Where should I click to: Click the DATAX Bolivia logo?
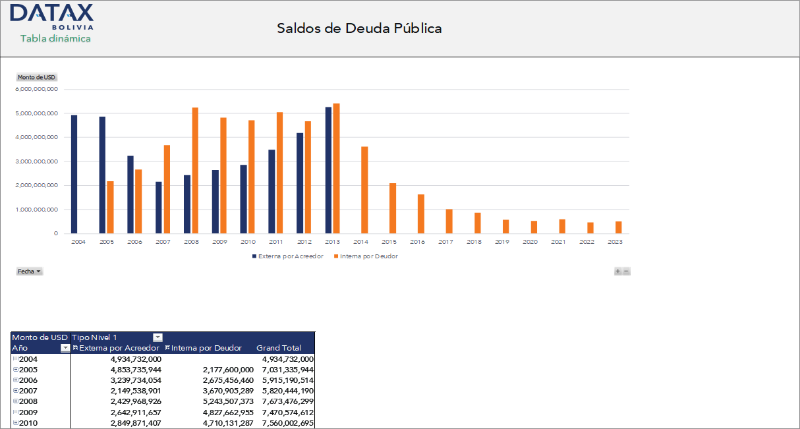tap(52, 16)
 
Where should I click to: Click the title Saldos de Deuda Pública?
tap(359, 28)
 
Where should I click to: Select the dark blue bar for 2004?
tap(74, 174)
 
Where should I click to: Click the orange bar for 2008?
tap(195, 170)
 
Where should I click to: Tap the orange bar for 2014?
tap(364, 190)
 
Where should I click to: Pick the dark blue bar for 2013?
tap(328, 170)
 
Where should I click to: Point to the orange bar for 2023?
tap(618, 227)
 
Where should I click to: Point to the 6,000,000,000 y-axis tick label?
tap(37, 89)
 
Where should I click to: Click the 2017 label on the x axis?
tap(445, 242)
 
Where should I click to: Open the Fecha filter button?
tap(29, 272)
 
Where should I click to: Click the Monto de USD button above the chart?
tap(36, 77)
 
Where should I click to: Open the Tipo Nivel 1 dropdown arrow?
tap(157, 337)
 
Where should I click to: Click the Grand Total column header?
tap(279, 348)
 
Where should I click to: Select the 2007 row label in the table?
tap(28, 391)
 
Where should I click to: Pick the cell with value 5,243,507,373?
tap(222, 401)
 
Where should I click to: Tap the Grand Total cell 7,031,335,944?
tap(287, 370)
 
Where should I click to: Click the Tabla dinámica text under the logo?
tap(55, 39)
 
